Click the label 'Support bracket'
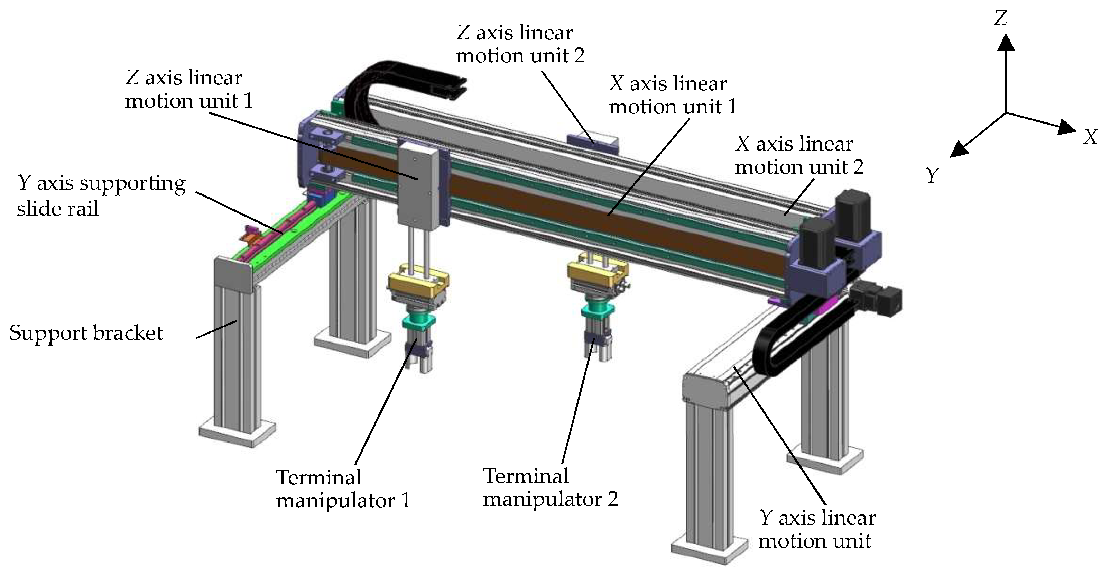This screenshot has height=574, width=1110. [x=86, y=333]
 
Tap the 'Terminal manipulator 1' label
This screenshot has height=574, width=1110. [x=343, y=489]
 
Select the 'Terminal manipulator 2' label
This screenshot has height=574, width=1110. [x=550, y=488]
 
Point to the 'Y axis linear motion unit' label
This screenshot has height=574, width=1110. [x=816, y=529]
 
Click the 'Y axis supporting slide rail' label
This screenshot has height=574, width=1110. [x=101, y=196]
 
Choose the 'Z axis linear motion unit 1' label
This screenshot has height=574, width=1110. [x=188, y=89]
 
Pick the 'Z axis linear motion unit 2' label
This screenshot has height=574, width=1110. [x=520, y=44]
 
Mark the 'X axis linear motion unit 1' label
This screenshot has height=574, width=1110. [x=672, y=95]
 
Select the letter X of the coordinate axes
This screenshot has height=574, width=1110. [x=1091, y=137]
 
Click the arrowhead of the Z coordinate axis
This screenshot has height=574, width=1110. [x=1006, y=42]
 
